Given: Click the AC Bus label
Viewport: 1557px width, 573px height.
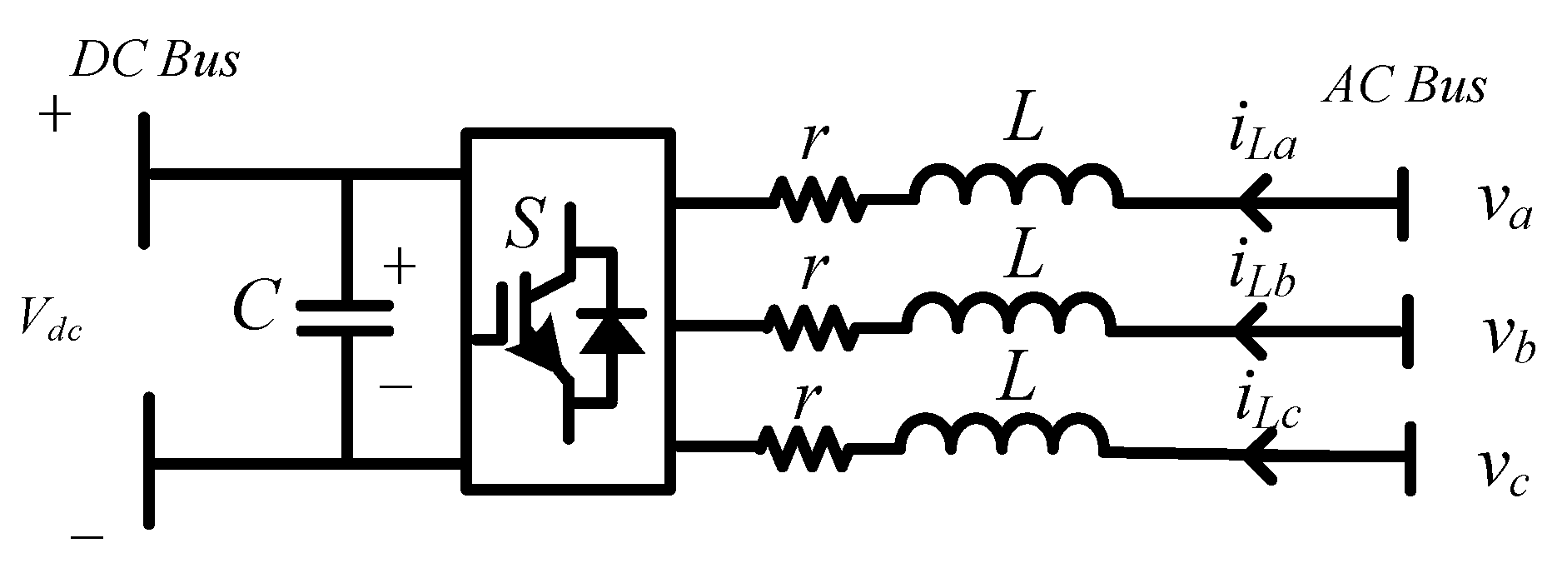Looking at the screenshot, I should coord(1404,86).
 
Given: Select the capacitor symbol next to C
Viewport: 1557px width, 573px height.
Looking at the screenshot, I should coord(345,317).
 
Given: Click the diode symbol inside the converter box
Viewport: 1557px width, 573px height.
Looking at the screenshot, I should coord(612,333).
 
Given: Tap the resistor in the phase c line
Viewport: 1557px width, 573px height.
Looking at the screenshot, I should coord(803,449).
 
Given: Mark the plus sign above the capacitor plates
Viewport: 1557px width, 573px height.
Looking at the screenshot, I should coord(398,269).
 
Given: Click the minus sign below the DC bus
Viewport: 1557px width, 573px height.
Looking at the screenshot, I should coord(87,538).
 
